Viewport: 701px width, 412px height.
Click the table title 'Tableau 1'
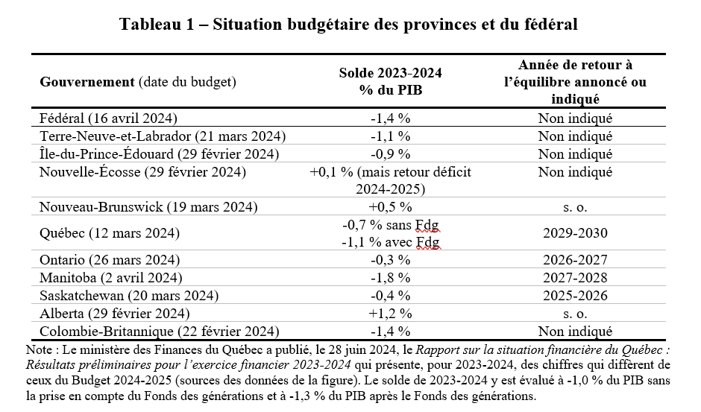click(x=157, y=24)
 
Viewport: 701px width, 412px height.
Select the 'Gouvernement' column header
click(x=87, y=82)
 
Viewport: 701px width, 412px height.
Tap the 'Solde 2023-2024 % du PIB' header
click(x=390, y=81)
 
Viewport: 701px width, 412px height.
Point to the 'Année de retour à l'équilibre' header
click(x=576, y=82)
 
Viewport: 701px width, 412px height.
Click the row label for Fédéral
click(x=108, y=118)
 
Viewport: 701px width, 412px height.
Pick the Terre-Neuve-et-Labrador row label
click(x=163, y=136)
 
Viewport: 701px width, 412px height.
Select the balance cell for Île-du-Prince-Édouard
click(x=390, y=153)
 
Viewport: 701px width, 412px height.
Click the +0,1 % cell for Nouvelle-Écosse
click(x=390, y=180)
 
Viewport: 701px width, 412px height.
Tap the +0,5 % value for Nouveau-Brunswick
click(x=390, y=207)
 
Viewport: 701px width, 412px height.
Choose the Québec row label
click(x=110, y=232)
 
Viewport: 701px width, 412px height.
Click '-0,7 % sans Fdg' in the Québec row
click(x=391, y=224)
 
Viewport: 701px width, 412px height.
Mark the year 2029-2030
click(x=576, y=232)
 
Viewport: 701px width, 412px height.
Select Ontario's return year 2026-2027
click(x=576, y=259)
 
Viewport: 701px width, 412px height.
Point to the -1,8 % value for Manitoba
click(x=390, y=277)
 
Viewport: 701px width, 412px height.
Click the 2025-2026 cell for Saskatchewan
click(x=576, y=295)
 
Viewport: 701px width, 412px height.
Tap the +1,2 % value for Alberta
click(x=390, y=313)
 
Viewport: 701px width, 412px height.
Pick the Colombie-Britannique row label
click(x=159, y=331)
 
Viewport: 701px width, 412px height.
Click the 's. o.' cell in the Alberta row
click(x=576, y=314)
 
